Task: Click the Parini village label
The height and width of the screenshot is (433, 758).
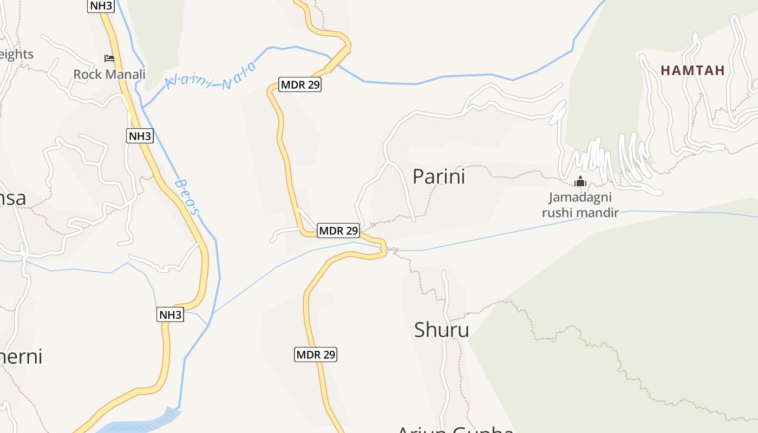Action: click(439, 177)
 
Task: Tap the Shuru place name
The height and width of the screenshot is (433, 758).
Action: click(441, 330)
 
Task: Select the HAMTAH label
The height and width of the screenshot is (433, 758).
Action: click(692, 70)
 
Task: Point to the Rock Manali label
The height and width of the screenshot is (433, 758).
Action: click(109, 74)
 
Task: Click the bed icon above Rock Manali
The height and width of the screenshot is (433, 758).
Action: click(109, 58)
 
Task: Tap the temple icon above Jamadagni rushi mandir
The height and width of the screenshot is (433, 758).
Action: click(580, 182)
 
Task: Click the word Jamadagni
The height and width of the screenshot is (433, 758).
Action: click(580, 198)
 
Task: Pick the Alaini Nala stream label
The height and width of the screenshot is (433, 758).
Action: click(210, 77)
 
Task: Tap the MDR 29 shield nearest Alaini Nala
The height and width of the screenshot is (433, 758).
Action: click(300, 84)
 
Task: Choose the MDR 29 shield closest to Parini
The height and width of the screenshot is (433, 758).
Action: click(338, 231)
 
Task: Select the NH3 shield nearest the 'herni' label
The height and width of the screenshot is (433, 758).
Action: click(171, 314)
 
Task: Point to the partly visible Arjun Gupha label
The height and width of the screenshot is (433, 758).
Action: click(455, 429)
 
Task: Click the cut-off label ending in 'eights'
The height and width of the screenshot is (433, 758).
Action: click(16, 54)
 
